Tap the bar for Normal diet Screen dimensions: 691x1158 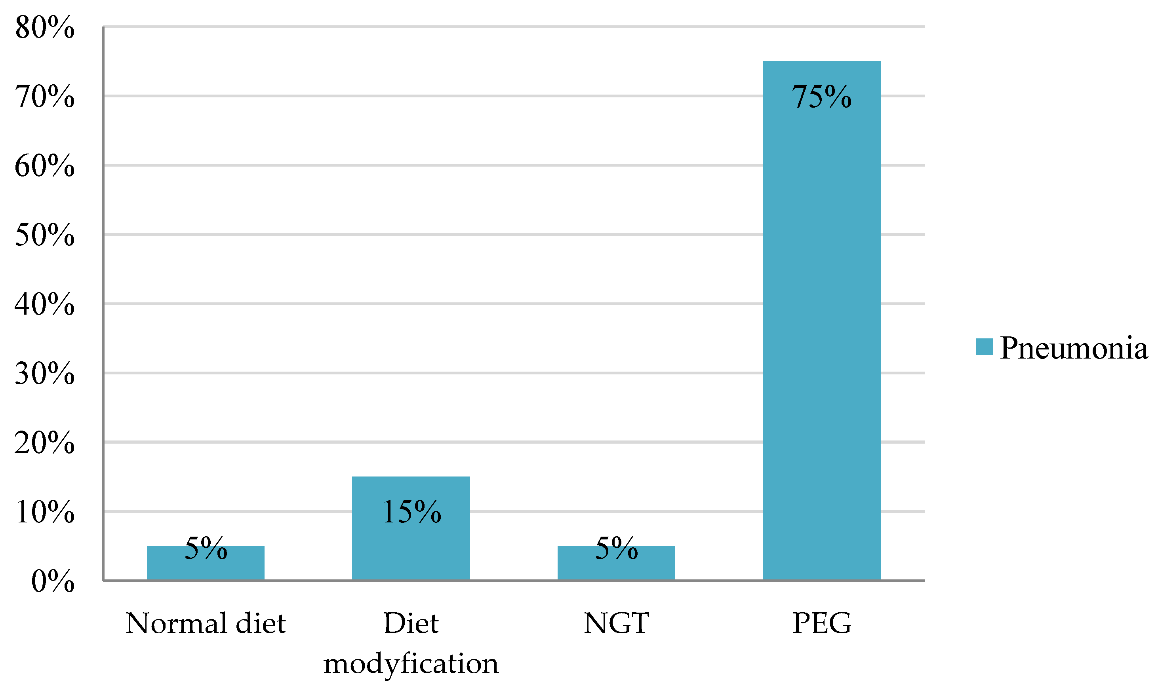pyautogui.click(x=206, y=566)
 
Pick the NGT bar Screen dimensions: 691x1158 pyautogui.click(x=616, y=566)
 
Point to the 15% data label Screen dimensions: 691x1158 pyautogui.click(x=411, y=512)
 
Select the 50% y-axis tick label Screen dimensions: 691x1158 pyautogui.click(x=44, y=235)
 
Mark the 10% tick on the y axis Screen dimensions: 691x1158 pyautogui.click(x=44, y=512)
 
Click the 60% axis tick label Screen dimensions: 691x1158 pyautogui.click(x=44, y=166)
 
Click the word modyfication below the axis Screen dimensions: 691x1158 pyautogui.click(x=411, y=664)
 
